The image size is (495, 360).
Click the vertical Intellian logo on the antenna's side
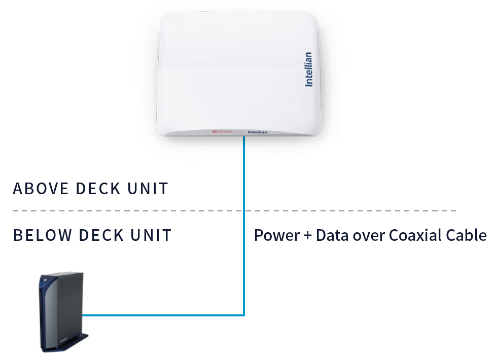click(x=308, y=69)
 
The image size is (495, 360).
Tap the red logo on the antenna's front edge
click(x=215, y=132)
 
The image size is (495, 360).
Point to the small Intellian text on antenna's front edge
click(x=258, y=132)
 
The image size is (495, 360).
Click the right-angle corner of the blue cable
click(x=244, y=315)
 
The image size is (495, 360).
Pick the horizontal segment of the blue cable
click(x=162, y=315)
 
